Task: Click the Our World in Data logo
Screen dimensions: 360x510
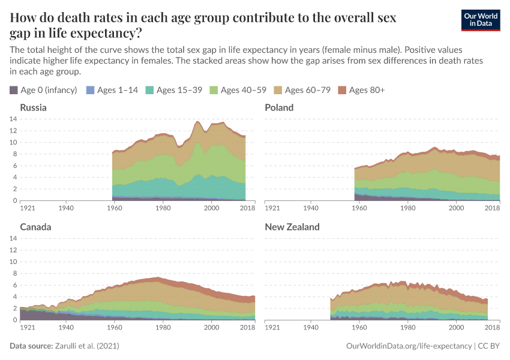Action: (x=480, y=20)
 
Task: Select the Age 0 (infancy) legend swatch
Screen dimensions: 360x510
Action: (x=14, y=90)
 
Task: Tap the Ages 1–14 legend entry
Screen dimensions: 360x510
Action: (x=113, y=90)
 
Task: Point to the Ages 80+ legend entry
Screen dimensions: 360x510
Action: (x=361, y=90)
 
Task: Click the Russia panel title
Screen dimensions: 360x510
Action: (x=33, y=107)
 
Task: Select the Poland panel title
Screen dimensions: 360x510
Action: (x=279, y=107)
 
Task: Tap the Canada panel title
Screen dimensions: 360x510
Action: (x=35, y=227)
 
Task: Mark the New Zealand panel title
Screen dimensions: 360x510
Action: (x=292, y=227)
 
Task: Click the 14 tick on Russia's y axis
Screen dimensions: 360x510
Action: (x=13, y=119)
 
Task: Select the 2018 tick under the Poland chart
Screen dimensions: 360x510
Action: (x=492, y=208)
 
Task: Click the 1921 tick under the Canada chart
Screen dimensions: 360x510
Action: (x=28, y=328)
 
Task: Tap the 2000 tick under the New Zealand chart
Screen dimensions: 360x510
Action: (x=457, y=328)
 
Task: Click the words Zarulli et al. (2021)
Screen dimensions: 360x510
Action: (x=86, y=346)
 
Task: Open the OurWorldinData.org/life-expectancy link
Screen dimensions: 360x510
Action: (x=409, y=346)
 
